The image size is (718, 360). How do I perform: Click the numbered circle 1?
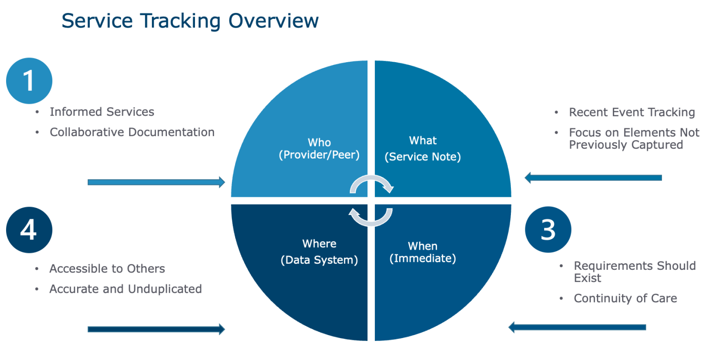pos(29,81)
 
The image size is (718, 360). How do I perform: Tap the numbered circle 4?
pos(29,230)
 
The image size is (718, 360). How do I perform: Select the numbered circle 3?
pos(548,230)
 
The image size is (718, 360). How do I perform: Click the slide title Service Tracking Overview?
pos(190,22)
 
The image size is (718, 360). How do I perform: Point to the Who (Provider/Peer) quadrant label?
pos(319,149)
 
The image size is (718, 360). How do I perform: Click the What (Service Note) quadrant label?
pos(423,149)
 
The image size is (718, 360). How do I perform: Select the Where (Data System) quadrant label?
pos(319,252)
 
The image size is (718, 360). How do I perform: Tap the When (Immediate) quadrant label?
pos(423,252)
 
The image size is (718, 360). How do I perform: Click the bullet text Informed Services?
pos(102,112)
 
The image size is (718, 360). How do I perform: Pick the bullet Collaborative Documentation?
pos(132,132)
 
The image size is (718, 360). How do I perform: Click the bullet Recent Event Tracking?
pos(632,112)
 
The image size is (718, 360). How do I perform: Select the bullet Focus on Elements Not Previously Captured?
pos(633,139)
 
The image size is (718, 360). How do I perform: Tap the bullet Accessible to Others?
pos(107,269)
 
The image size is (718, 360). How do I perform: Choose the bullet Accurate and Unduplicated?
pos(125,289)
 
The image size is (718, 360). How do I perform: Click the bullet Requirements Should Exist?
pos(634,272)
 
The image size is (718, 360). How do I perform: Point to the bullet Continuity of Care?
pos(625,298)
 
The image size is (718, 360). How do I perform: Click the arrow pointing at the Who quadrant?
pos(156,182)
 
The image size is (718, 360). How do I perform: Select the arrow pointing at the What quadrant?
pos(593,178)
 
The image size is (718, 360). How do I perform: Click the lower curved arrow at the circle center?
pos(371,217)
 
